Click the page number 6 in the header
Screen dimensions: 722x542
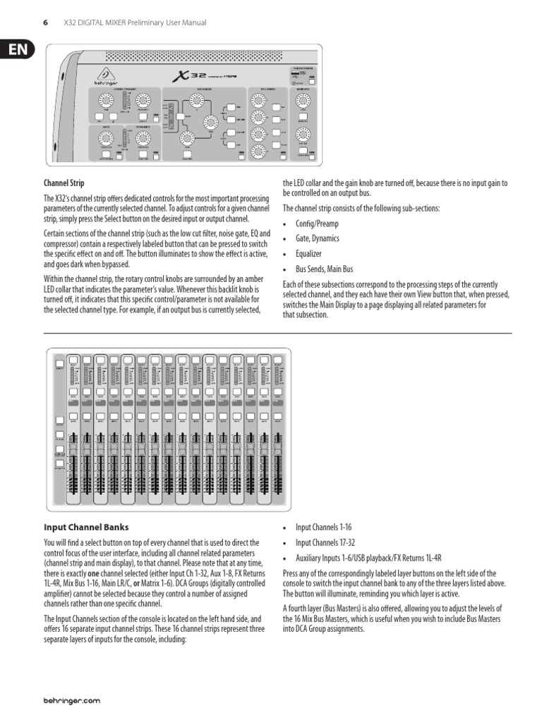click(45, 23)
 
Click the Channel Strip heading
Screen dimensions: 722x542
click(64, 183)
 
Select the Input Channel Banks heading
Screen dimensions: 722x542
click(87, 527)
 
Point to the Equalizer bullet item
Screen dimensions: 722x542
click(308, 253)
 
